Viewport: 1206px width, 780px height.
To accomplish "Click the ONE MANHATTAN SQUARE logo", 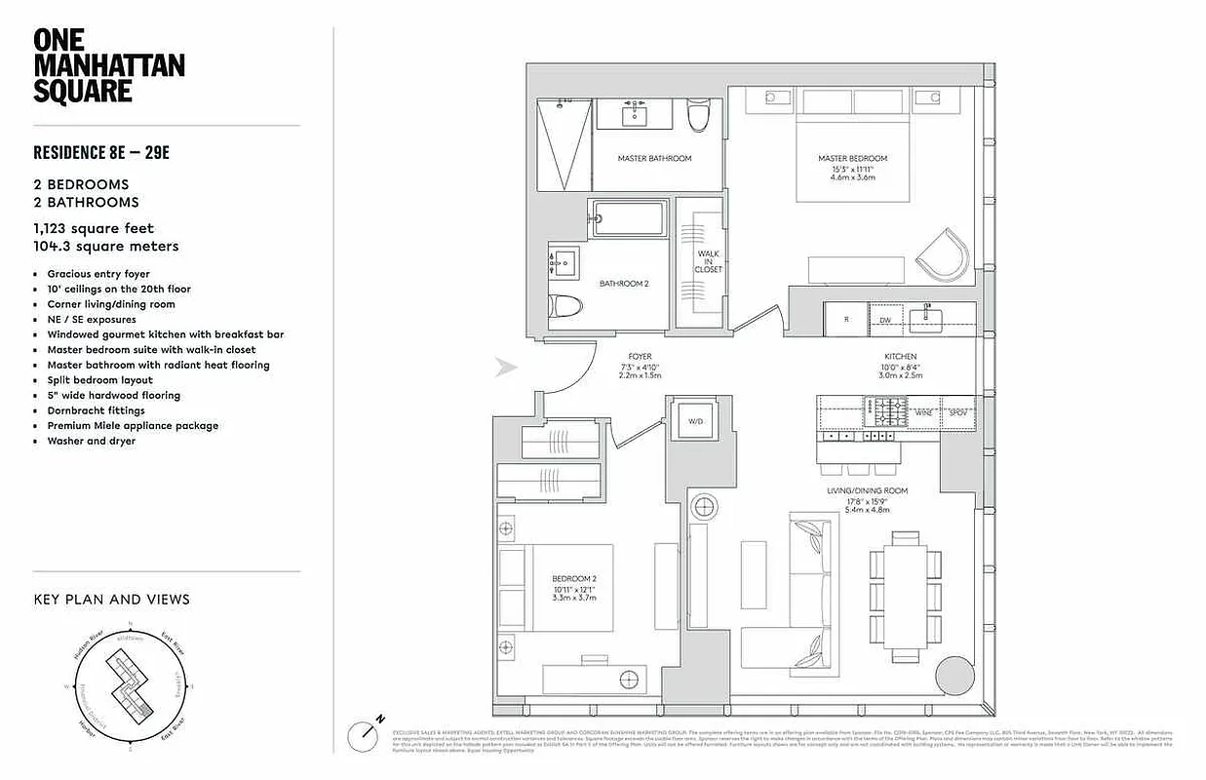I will click(108, 66).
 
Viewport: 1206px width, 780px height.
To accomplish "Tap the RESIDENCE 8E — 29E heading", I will click(107, 152).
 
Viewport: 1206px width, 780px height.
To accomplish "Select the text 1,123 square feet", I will click(94, 228).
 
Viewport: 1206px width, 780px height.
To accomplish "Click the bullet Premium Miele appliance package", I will click(133, 426).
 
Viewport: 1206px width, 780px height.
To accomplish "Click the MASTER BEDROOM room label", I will click(852, 158).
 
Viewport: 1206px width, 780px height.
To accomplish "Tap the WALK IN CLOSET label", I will click(709, 261).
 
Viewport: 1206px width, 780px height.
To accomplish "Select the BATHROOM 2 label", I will click(624, 284).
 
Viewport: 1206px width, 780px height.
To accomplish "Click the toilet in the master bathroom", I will click(697, 118).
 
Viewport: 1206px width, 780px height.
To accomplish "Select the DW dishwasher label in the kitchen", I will click(885, 320).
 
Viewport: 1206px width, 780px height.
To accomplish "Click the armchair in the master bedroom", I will click(942, 254).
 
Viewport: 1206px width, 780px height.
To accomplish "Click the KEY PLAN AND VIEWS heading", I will click(112, 600).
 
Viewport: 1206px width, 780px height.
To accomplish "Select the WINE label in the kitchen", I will click(922, 414).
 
